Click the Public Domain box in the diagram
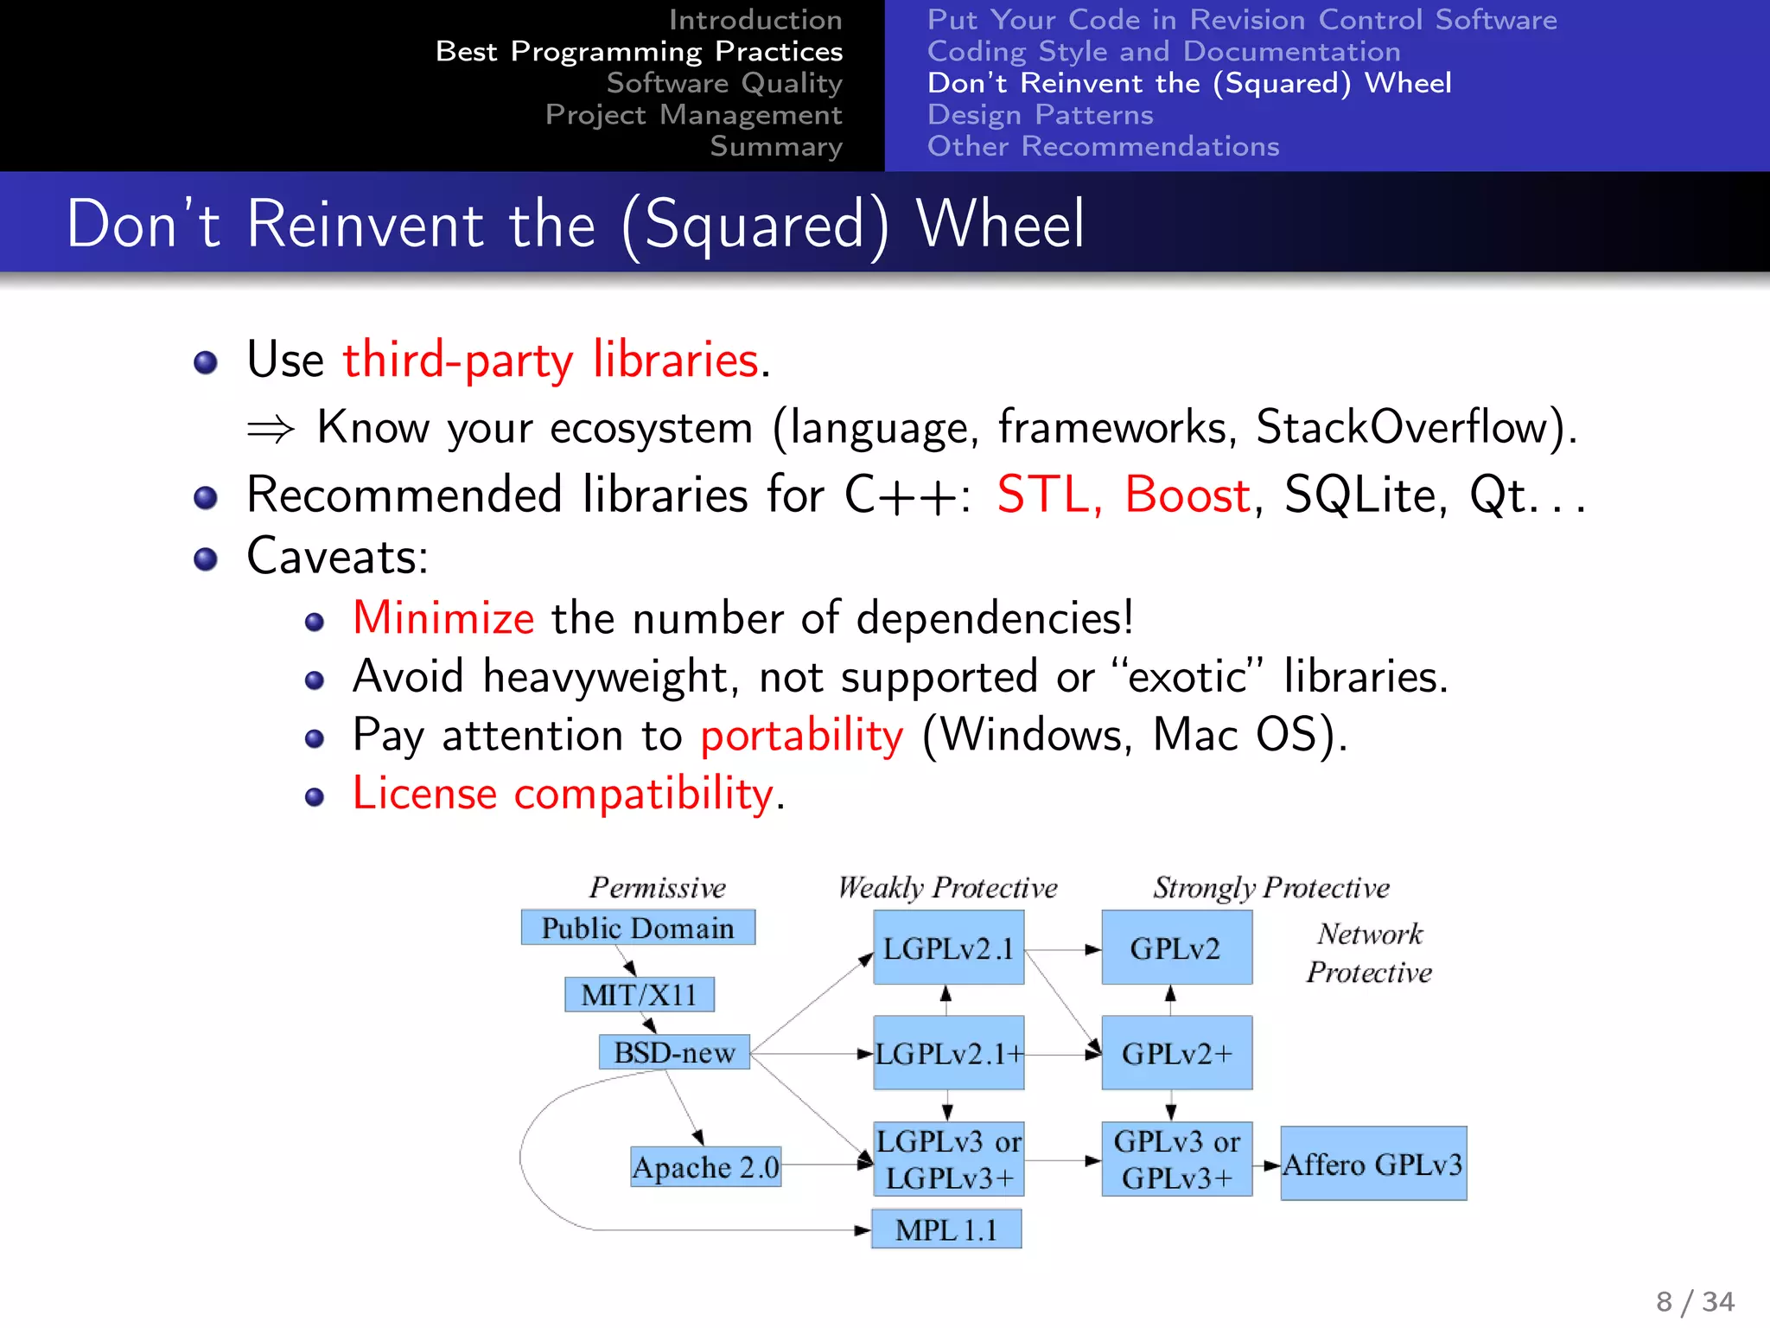click(x=638, y=928)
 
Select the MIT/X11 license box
click(x=639, y=994)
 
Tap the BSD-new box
click(x=674, y=1052)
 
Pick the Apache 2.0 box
click(x=705, y=1167)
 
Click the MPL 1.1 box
click(x=946, y=1229)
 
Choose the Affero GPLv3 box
click(x=1372, y=1164)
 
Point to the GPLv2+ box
click(x=1176, y=1053)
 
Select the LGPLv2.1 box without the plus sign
click(x=948, y=948)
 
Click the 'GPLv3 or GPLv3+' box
click(x=1176, y=1159)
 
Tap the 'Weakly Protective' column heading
click(x=947, y=888)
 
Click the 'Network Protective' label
click(x=1369, y=953)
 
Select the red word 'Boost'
click(x=1187, y=495)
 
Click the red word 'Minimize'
click(x=443, y=618)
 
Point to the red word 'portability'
click(x=801, y=736)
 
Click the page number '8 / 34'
click(x=1695, y=1301)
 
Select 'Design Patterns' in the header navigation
click(x=1040, y=115)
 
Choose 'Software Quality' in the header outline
click(x=723, y=83)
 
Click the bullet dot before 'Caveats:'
click(x=206, y=559)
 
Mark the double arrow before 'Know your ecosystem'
click(x=271, y=429)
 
